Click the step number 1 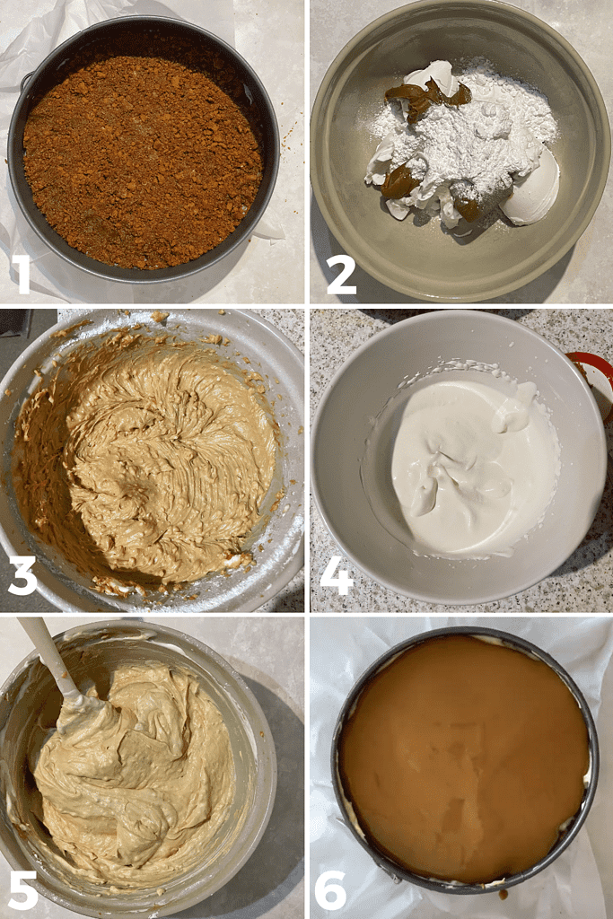(20, 274)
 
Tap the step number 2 (340, 275)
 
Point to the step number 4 (337, 576)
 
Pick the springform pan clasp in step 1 (24, 81)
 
